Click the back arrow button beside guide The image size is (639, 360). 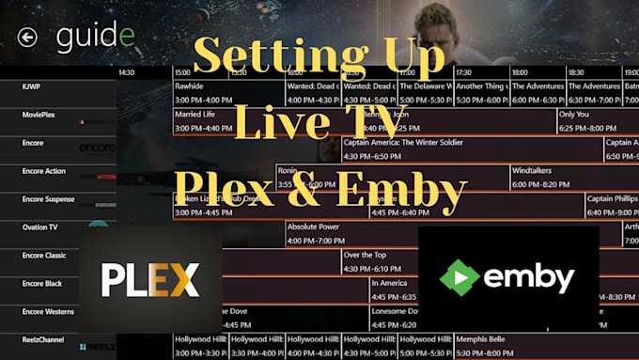(x=27, y=37)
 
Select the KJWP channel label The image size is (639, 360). (x=32, y=86)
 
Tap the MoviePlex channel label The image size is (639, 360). (x=40, y=114)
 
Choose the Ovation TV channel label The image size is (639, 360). (x=40, y=227)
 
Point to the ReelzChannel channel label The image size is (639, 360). (x=43, y=339)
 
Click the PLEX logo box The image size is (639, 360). (x=150, y=279)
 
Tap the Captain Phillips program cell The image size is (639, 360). (x=611, y=205)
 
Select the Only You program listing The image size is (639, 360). (x=592, y=121)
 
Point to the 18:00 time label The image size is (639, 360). (x=520, y=71)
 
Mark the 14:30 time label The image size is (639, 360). (x=127, y=71)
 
